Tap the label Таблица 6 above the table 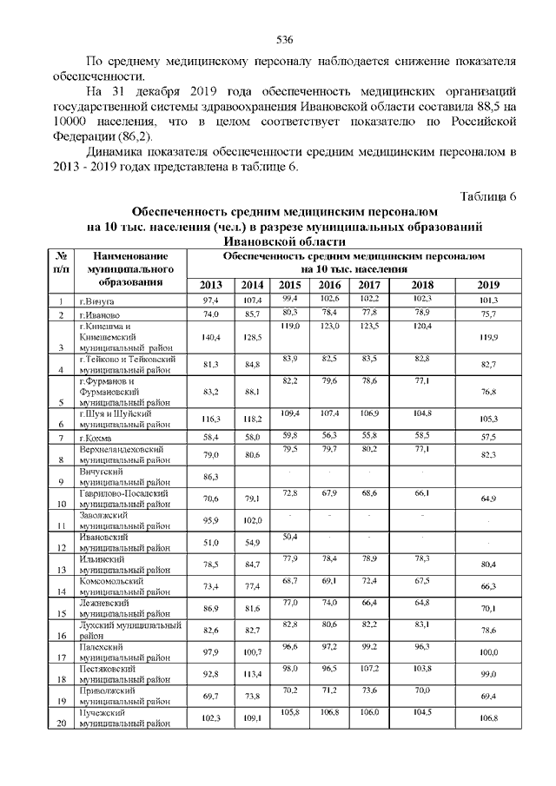pyautogui.click(x=486, y=195)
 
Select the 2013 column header pyautogui.click(x=211, y=286)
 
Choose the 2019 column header pyautogui.click(x=489, y=286)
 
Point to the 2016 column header pyautogui.click(x=329, y=285)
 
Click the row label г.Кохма pyautogui.click(x=97, y=439)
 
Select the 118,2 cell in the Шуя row pyautogui.click(x=253, y=419)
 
